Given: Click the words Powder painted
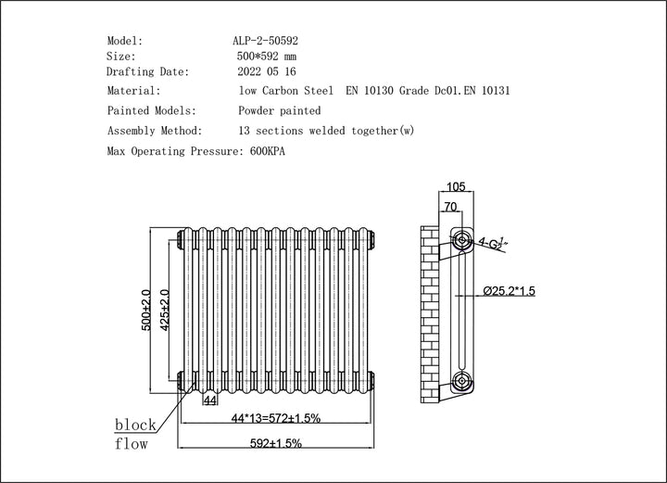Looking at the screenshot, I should click(280, 110).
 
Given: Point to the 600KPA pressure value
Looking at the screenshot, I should click(262, 150).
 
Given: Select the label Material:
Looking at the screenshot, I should click(134, 91).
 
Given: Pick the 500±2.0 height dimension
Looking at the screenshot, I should click(146, 311).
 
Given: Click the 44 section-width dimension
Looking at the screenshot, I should click(209, 400).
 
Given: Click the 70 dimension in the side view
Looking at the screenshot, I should click(451, 208).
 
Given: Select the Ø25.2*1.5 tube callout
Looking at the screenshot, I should click(510, 291).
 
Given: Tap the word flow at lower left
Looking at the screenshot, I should click(131, 444).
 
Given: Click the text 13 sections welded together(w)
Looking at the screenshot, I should click(326, 131).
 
